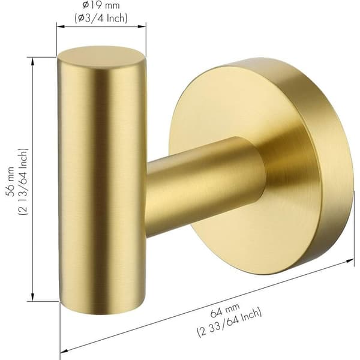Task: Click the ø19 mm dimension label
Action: (101, 5)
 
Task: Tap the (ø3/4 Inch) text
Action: (101, 18)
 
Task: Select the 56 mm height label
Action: (11, 182)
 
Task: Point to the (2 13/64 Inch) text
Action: (23, 182)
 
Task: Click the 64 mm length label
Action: (225, 310)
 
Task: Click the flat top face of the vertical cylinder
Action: (101, 58)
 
